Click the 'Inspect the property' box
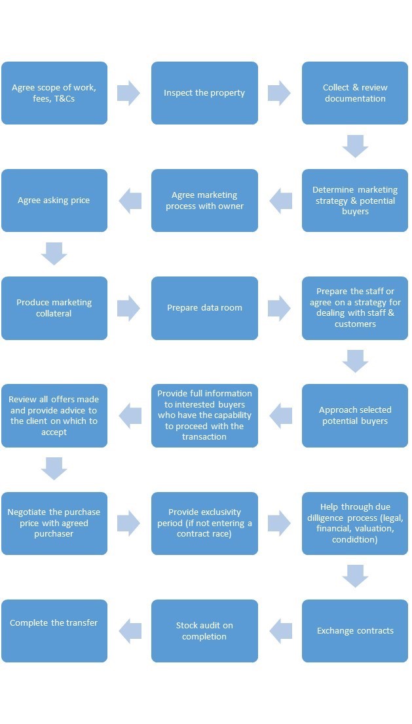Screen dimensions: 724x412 (x=204, y=93)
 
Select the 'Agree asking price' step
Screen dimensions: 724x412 (x=54, y=200)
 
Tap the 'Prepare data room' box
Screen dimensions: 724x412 (x=204, y=308)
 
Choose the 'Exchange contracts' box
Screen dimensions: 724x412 (x=355, y=631)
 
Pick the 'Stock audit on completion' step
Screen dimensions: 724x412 (x=204, y=631)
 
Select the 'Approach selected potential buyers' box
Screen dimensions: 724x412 (x=355, y=415)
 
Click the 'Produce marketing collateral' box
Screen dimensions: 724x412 (x=54, y=308)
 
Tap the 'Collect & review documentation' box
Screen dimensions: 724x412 (x=355, y=93)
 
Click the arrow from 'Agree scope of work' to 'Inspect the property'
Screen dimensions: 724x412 (x=129, y=93)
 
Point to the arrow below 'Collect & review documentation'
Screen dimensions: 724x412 (x=355, y=146)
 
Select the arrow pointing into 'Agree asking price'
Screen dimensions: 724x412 (x=130, y=200)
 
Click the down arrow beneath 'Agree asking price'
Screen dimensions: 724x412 (x=54, y=254)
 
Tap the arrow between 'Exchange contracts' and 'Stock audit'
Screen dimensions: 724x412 (x=280, y=631)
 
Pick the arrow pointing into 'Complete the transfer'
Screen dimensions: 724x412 (x=130, y=631)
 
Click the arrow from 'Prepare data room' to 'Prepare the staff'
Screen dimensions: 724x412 (x=280, y=308)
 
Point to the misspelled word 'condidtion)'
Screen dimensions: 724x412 (x=355, y=540)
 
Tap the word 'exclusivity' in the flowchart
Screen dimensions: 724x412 (x=219, y=512)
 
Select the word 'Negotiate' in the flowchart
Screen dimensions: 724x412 (x=28, y=512)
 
